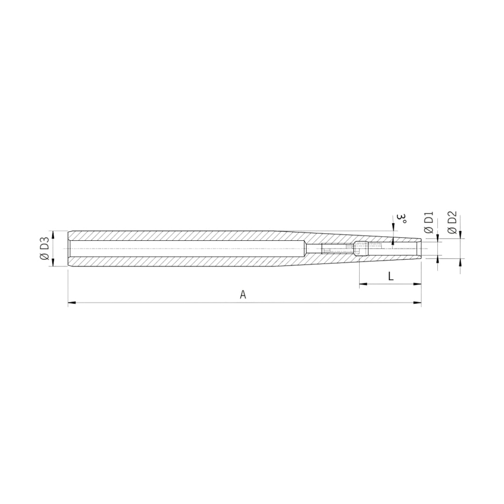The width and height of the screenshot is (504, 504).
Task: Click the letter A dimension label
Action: (243, 294)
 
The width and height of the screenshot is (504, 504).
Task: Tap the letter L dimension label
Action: (391, 276)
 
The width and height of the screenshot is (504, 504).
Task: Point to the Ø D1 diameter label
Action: (429, 223)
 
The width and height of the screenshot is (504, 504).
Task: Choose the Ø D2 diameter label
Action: (452, 222)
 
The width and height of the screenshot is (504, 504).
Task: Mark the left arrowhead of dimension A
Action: (72, 302)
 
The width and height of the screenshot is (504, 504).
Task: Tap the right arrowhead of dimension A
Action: (417, 302)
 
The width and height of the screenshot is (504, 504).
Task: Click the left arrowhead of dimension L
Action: (363, 284)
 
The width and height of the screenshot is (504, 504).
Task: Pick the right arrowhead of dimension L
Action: (417, 284)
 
